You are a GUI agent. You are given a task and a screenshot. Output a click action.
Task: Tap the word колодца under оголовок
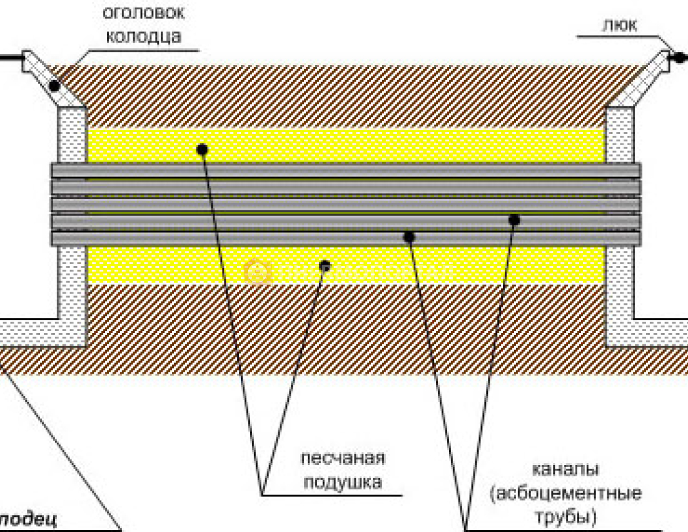[143, 36]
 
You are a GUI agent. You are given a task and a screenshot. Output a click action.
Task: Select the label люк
[619, 24]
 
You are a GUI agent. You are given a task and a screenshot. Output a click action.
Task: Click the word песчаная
[343, 458]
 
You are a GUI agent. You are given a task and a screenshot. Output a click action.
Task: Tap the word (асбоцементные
[567, 494]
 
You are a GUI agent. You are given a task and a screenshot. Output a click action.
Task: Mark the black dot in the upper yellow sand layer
[201, 149]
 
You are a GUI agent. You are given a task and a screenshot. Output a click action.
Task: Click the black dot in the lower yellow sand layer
[325, 267]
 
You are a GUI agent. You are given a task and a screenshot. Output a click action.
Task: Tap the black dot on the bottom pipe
[409, 237]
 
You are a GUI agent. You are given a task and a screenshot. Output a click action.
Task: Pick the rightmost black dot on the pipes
[514, 220]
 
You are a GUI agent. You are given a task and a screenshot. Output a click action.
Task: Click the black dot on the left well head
[55, 84]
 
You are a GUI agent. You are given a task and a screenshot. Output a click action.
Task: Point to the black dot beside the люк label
[677, 58]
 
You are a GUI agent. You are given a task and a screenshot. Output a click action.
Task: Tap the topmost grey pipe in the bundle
[344, 170]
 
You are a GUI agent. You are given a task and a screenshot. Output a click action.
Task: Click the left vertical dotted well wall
[72, 219]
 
